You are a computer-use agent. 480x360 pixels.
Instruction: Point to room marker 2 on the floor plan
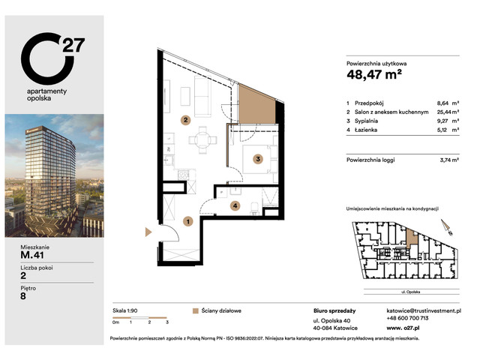tap(184, 119)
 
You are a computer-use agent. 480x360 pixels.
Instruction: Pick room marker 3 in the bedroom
tap(257, 158)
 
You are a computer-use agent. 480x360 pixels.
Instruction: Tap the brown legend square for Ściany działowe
tap(195, 310)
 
